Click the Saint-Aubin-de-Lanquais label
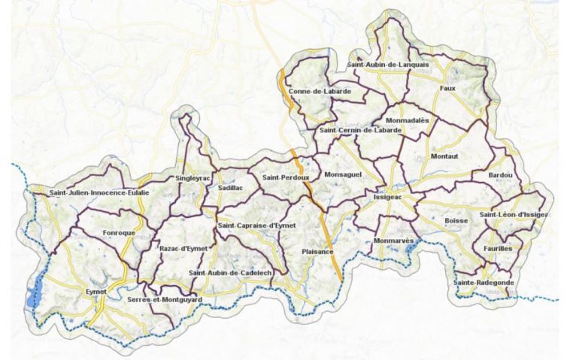[x=388, y=65]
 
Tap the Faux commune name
[x=447, y=88]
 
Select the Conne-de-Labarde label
[x=320, y=91]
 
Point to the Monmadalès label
[x=407, y=119]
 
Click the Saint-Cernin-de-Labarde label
[x=360, y=130]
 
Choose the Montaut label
[x=444, y=156]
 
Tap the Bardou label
[x=500, y=175]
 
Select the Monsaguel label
[x=342, y=174]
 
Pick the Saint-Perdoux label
[x=285, y=177]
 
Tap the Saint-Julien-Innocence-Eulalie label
[x=99, y=192]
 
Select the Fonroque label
[x=119, y=233]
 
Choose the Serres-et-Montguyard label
[x=165, y=300]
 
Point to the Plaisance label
[x=317, y=251]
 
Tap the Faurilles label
[x=494, y=247]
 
